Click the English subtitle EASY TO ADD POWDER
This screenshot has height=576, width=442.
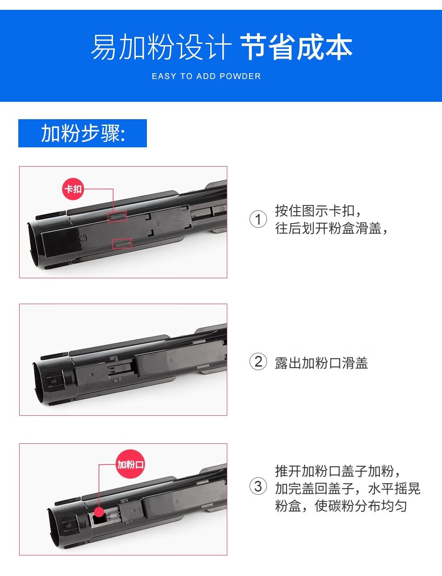tap(206, 76)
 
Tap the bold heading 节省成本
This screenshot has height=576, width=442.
tap(296, 47)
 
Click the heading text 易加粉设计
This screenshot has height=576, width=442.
tap(161, 47)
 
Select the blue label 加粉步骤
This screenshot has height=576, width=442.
tap(83, 133)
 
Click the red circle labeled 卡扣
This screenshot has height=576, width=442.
tap(73, 189)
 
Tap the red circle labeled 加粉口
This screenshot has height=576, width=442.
tap(130, 464)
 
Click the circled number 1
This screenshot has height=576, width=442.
tap(258, 219)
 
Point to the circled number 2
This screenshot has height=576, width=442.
tap(258, 362)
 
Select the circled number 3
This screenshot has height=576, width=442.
tap(258, 487)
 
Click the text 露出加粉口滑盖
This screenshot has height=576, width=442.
tap(321, 363)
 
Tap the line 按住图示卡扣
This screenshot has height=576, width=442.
tap(318, 211)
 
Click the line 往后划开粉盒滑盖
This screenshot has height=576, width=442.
tap(331, 229)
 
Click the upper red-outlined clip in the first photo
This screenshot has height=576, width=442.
tap(117, 216)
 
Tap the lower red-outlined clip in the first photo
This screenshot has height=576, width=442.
tap(122, 243)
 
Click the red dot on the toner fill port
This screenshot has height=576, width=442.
tap(100, 512)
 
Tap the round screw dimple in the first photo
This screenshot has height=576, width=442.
tap(83, 238)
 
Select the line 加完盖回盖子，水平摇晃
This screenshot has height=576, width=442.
tap(348, 488)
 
